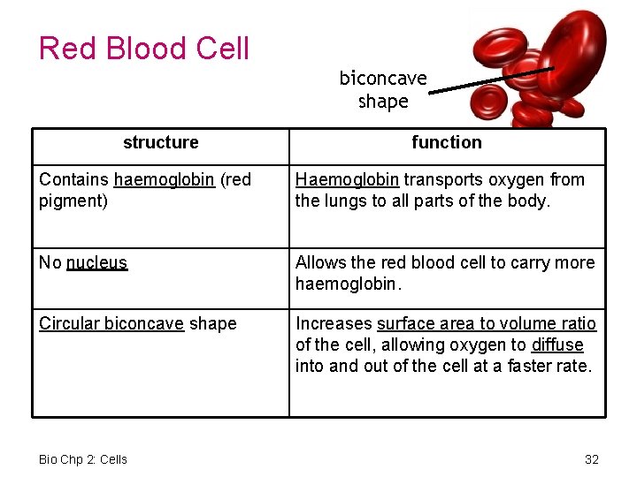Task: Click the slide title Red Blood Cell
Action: (144, 48)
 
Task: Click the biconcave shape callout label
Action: (383, 90)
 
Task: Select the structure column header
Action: (160, 142)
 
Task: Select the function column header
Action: (446, 142)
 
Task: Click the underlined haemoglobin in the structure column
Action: (164, 179)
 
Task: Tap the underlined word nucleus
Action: (96, 262)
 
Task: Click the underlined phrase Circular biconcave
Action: (111, 323)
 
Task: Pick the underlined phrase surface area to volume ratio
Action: (487, 323)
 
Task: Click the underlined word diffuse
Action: (557, 344)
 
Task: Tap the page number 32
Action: (592, 458)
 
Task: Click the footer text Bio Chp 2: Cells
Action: (83, 458)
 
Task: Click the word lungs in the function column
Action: (344, 201)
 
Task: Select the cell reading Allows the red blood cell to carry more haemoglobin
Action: (445, 273)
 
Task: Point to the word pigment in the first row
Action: (70, 201)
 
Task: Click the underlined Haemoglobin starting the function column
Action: (347, 179)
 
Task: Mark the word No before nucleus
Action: (50, 262)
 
